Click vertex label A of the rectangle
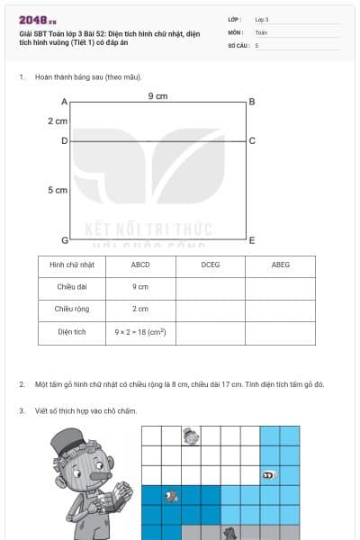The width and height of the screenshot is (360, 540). coord(65,102)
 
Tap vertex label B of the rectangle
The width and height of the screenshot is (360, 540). coord(252,102)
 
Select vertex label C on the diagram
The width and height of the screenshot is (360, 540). coord(252,141)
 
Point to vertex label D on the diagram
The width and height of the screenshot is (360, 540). coord(65,141)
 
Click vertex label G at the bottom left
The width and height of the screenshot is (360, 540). coord(65,240)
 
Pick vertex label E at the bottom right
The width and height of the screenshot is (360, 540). coord(252,240)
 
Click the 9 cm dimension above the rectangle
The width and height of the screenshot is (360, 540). coord(157,96)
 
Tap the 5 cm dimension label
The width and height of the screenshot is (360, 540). coord(58,191)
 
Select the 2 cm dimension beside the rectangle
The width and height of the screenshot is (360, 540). coord(58,121)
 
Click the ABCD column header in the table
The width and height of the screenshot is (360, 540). coord(140,265)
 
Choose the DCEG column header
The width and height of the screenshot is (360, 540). coord(211,265)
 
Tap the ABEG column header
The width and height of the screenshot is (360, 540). coord(281,265)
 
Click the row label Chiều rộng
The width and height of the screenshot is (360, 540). coord(72,310)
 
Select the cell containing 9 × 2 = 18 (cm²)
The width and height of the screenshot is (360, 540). coord(140,332)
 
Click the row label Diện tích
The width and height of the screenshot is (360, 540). coord(72,332)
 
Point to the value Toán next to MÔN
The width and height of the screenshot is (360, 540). coord(261,31)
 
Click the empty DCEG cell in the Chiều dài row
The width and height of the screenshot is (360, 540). coord(211,287)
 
